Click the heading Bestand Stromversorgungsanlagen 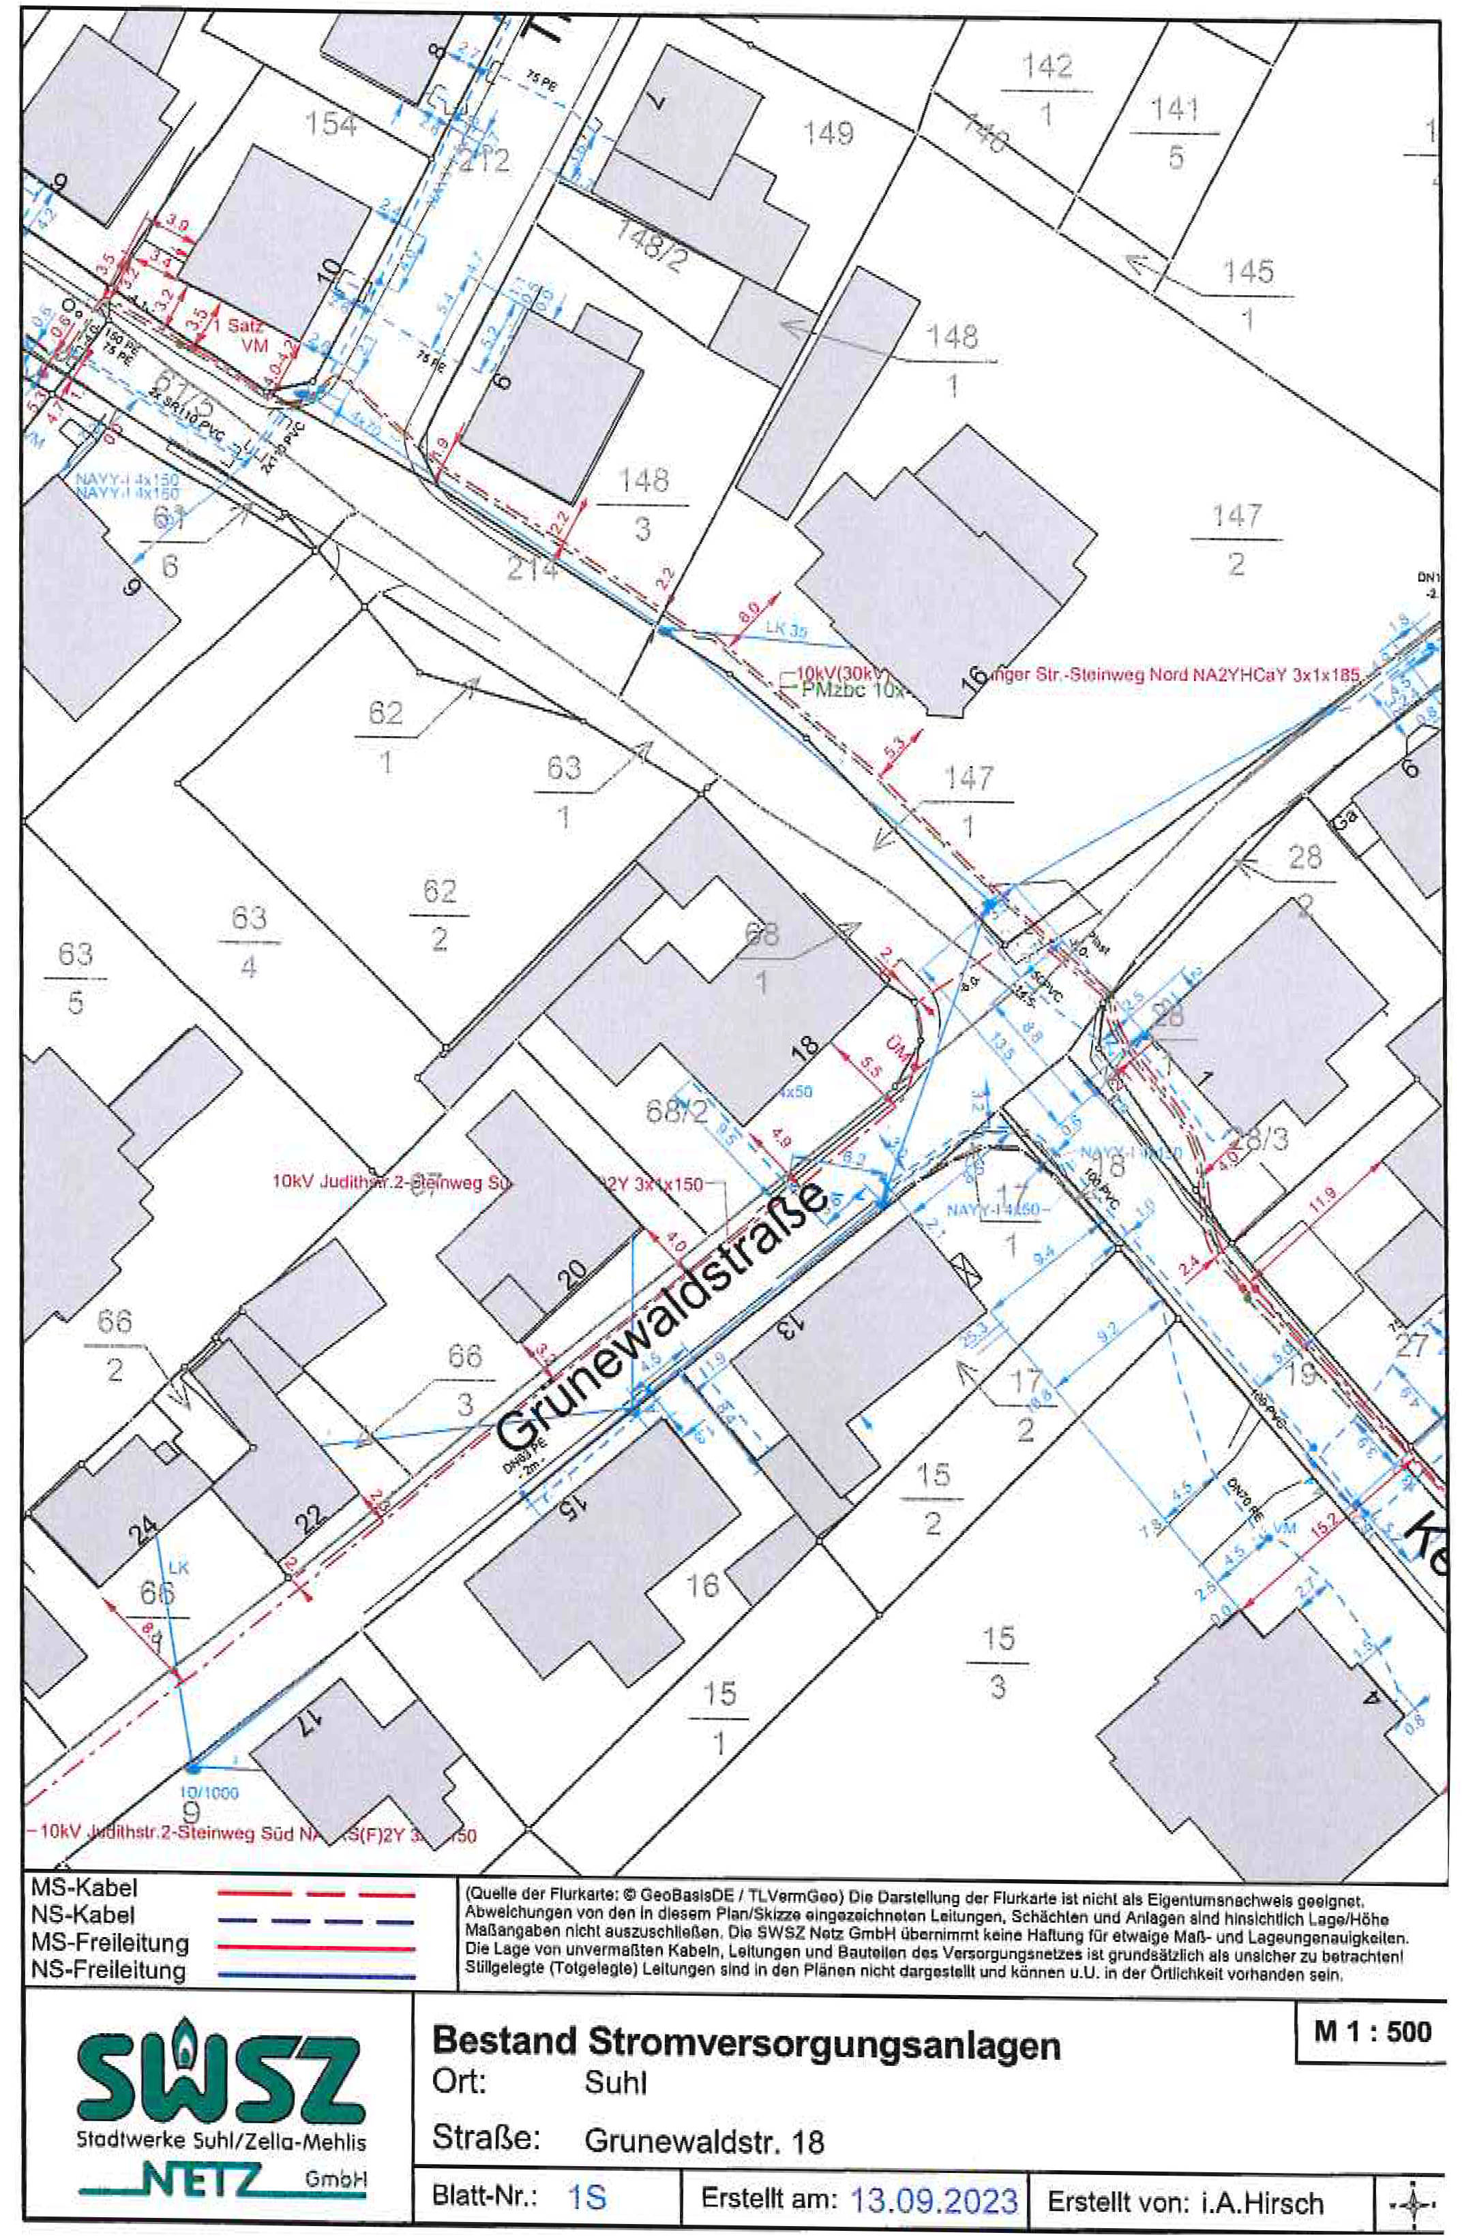coord(745,2044)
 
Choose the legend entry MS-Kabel coord(85,1887)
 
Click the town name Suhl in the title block coord(616,2083)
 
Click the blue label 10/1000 coord(209,1793)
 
